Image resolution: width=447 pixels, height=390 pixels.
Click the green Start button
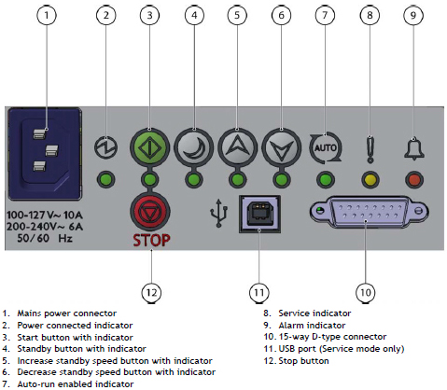pos(149,147)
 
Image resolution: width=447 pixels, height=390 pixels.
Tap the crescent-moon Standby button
pos(193,147)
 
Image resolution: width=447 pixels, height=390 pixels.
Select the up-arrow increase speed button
pos(237,147)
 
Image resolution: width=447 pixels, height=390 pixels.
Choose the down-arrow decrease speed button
pos(281,147)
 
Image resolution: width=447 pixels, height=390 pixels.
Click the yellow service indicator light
pos(370,180)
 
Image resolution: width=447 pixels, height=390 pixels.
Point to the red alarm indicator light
pos(414,180)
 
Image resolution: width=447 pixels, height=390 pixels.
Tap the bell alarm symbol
pos(414,148)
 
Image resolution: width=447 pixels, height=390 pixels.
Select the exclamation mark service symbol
pos(370,149)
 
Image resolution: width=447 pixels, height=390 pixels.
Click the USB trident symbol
pos(219,213)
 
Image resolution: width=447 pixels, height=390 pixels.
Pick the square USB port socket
pos(259,214)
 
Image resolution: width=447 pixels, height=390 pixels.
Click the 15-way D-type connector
pos(369,212)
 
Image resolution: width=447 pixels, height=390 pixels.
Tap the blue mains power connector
pos(45,153)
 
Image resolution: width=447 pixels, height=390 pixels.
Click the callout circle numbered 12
pos(151,292)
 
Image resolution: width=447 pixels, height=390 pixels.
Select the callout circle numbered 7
pos(325,15)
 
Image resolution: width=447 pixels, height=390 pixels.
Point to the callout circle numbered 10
pos(366,292)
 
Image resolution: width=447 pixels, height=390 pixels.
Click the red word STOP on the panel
pos(151,241)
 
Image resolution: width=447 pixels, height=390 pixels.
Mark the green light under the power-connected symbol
pos(105,180)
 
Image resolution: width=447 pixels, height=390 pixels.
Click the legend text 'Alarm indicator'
pos(312,326)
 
